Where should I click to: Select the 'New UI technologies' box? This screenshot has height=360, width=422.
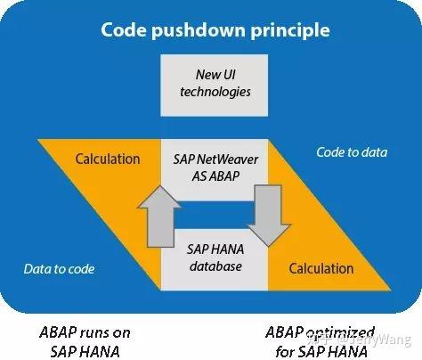210,82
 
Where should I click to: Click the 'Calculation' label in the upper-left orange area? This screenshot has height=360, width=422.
108,160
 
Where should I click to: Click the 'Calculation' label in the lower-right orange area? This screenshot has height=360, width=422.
321,267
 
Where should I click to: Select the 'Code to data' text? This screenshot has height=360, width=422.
352,152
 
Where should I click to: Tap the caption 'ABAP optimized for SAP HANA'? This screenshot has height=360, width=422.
321,340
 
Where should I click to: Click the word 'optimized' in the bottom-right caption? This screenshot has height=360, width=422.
341,331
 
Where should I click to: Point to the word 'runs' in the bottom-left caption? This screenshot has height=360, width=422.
86,332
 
